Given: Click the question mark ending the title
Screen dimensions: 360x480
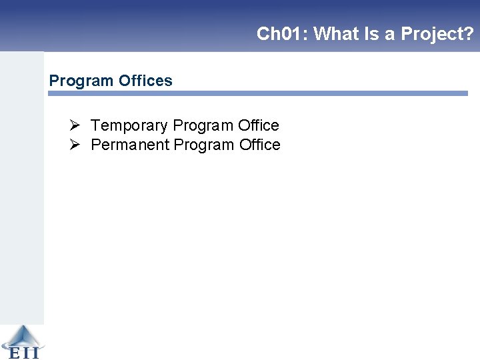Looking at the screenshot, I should click(x=469, y=34).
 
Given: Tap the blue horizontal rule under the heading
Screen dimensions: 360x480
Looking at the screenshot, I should click(x=258, y=94).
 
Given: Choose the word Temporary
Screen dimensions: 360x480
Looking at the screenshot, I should click(x=129, y=125).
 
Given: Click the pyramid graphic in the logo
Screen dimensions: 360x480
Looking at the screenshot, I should click(x=22, y=335).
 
